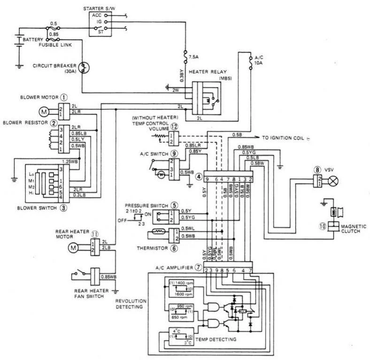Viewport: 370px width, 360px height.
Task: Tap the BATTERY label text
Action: pyautogui.click(x=32, y=40)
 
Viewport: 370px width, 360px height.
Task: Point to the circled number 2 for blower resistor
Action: pyautogui.click(x=54, y=123)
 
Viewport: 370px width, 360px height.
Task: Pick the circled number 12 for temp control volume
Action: pyautogui.click(x=175, y=126)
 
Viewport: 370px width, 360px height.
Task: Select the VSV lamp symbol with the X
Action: pyautogui.click(x=334, y=180)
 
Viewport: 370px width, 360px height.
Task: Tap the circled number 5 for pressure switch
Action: pyautogui.click(x=173, y=205)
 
